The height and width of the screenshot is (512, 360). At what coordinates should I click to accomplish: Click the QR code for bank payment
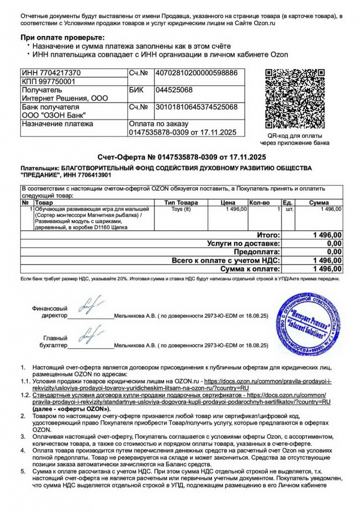pos(298,99)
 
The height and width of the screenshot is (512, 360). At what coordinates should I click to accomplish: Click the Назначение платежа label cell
pos(57,124)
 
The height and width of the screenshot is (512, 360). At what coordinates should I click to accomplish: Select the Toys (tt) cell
pos(181,210)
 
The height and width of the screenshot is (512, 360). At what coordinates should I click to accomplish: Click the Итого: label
pos(268,235)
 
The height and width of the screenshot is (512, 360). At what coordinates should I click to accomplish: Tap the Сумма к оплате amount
pos(327,269)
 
